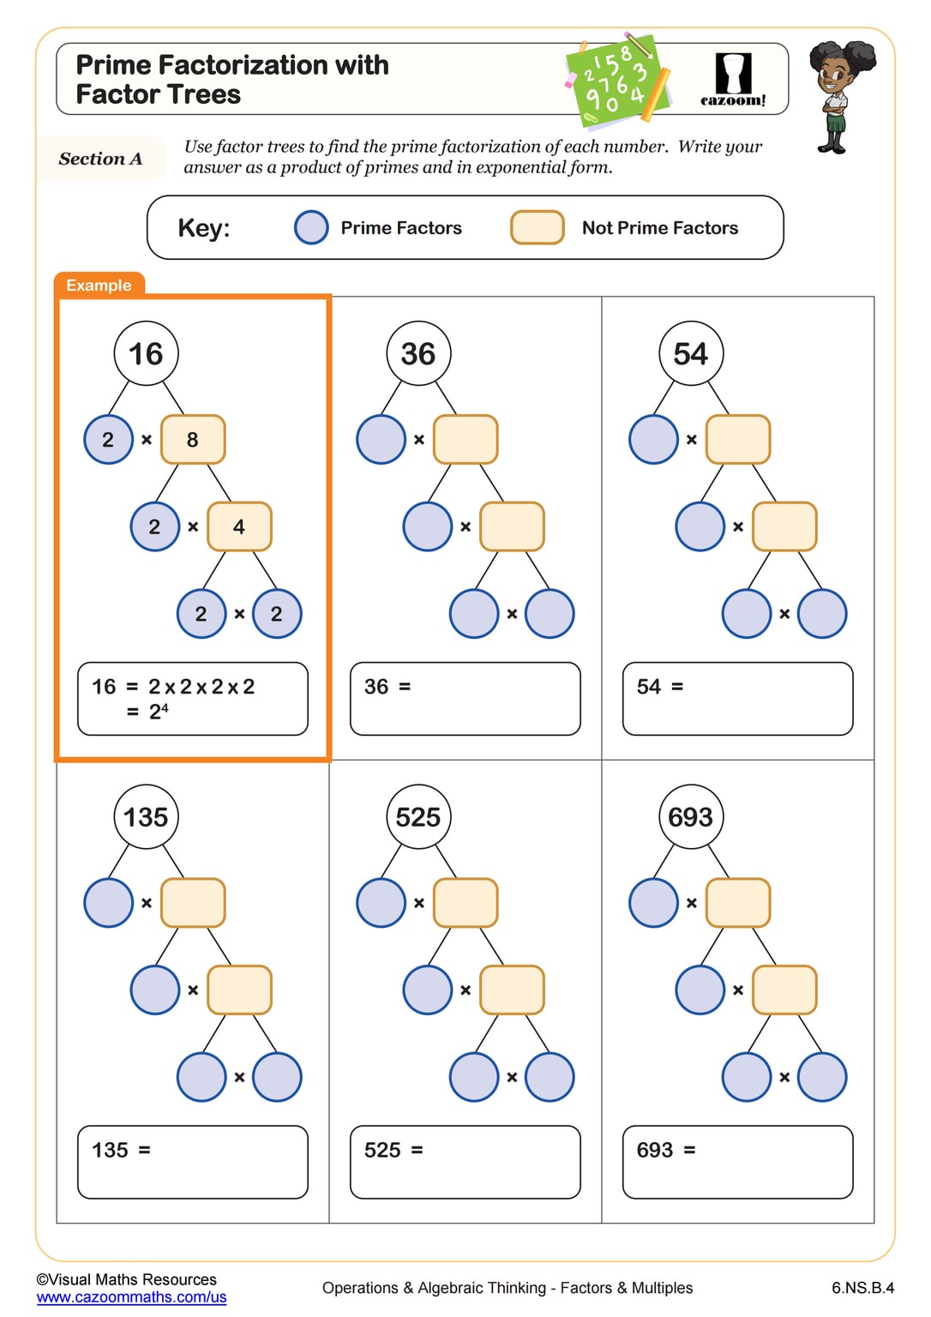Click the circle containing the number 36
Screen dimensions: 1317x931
(418, 353)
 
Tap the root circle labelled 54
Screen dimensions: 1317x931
(691, 353)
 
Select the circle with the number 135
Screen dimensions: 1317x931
(146, 817)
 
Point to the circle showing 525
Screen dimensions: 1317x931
(418, 817)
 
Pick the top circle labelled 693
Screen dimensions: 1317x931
(691, 817)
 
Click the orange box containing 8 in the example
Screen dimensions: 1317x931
(193, 440)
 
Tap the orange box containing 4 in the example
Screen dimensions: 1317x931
(239, 526)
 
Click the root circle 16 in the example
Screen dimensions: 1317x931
(146, 353)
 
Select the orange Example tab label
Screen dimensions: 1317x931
(99, 286)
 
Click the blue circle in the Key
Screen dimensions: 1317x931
(311, 228)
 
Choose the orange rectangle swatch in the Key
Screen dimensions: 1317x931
(538, 228)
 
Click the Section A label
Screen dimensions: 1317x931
(100, 159)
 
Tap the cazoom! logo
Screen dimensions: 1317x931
(733, 80)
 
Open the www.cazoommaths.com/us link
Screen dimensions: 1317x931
(131, 1297)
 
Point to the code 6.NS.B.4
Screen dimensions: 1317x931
(862, 1288)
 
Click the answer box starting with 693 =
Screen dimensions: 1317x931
(737, 1162)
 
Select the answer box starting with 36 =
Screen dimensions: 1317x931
(465, 699)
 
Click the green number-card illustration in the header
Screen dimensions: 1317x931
(616, 79)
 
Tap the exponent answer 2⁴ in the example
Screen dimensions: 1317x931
(159, 712)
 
